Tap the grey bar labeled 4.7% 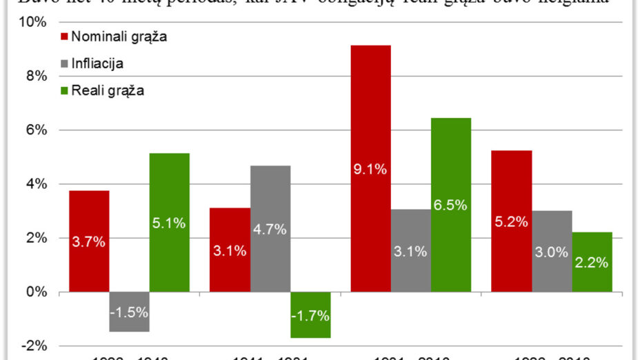(270, 228)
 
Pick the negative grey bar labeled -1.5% (129, 312)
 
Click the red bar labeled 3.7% (89, 241)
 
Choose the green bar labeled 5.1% (169, 222)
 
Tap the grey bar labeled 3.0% (552, 251)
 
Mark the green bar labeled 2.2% (592, 261)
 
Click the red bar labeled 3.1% (230, 250)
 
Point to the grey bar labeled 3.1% (411, 250)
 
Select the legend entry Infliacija (97, 63)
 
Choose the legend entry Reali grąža (107, 90)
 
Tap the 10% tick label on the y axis (33, 21)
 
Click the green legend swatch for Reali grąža (65, 90)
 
